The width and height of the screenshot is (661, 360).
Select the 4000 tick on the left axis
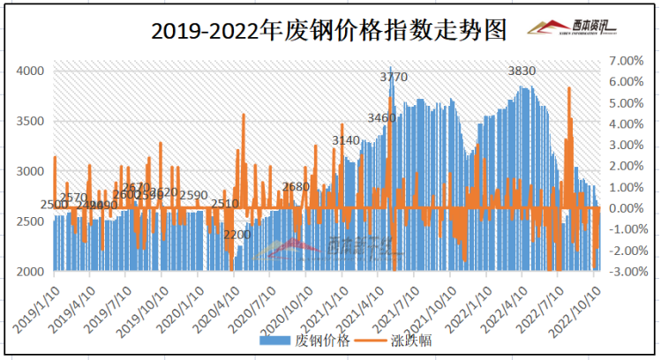coord(32,71)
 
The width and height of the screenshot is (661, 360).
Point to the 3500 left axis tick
coord(32,121)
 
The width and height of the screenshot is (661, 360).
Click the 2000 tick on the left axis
coord(32,272)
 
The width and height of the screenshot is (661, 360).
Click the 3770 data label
coord(394,78)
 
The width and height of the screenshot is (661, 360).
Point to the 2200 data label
coord(237,235)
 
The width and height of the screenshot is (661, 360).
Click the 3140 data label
coord(346,140)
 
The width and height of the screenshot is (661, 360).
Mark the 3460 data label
coord(381,117)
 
